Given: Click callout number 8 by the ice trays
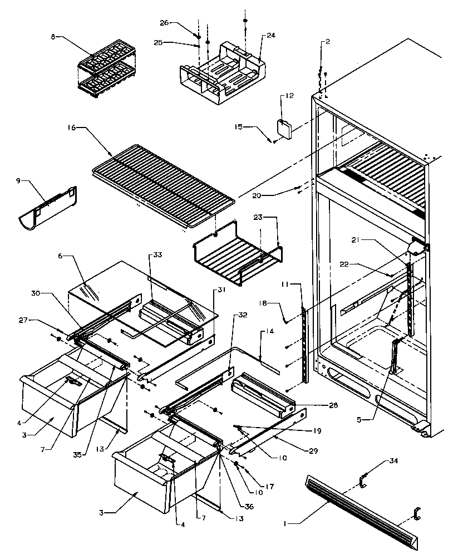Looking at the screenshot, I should (53, 37).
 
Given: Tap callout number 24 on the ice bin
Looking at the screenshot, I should (270, 35).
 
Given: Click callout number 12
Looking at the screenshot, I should (289, 96).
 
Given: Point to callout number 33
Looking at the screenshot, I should (157, 255).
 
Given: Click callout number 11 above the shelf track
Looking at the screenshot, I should (300, 285).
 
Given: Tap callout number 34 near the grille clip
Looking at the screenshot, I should (394, 460).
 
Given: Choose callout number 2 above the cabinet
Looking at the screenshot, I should (328, 42).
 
